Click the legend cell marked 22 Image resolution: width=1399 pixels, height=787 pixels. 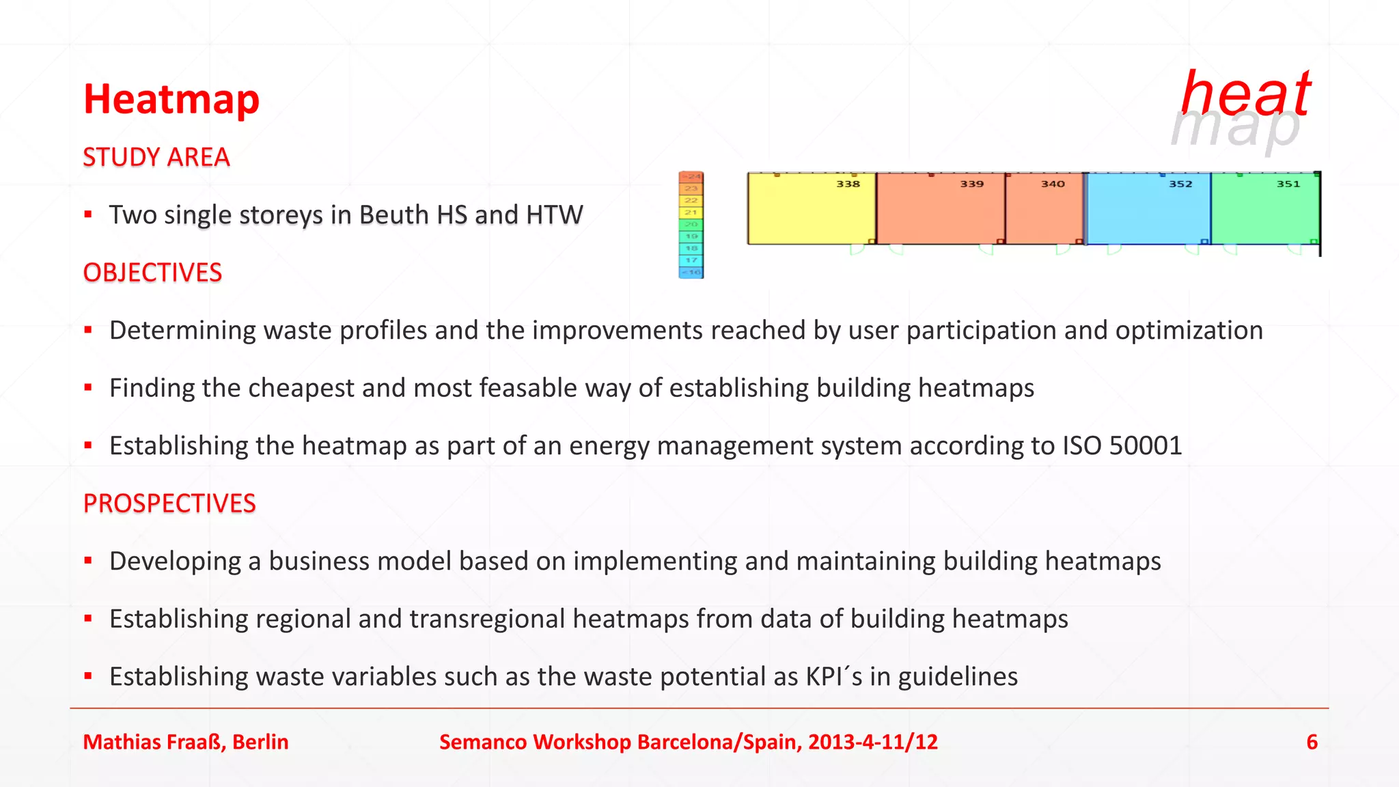coord(691,201)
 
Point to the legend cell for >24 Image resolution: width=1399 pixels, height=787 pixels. coord(691,177)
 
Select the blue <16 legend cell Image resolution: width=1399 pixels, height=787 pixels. coord(691,273)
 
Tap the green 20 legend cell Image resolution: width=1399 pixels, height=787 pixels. coord(691,225)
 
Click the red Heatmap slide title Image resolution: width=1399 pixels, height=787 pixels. coord(171,100)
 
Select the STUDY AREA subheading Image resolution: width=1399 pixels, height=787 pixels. coord(156,158)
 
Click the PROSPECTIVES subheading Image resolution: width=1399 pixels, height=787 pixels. coord(169,504)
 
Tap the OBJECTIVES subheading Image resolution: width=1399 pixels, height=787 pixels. coord(152,273)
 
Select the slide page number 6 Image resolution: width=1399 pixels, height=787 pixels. coord(1312,742)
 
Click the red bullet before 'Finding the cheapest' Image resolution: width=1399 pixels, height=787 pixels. coord(88,388)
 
